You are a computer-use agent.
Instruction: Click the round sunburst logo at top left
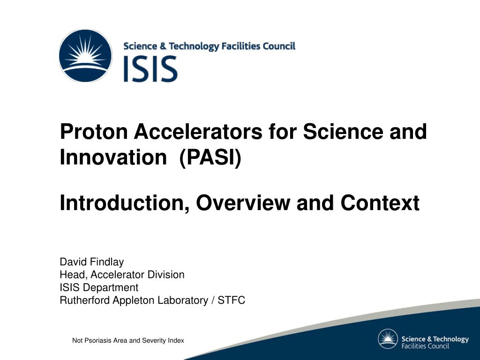[85, 56]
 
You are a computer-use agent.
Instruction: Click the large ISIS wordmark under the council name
[150, 69]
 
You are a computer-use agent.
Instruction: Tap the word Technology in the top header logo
[194, 46]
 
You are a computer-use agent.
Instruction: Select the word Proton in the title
[94, 132]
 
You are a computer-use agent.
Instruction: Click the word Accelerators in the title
[198, 132]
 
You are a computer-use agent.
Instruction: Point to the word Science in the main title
[343, 132]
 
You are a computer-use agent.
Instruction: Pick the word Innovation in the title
[113, 157]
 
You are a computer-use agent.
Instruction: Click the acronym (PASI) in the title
[210, 158]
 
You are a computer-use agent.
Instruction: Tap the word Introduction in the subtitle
[124, 203]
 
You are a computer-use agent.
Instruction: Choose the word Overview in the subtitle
[243, 203]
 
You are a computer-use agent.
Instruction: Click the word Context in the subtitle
[380, 203]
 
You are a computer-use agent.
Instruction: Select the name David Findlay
[92, 262]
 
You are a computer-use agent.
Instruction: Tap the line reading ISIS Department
[99, 288]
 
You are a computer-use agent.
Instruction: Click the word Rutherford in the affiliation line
[85, 300]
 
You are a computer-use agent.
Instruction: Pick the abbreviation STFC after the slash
[232, 300]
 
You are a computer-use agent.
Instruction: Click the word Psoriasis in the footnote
[97, 340]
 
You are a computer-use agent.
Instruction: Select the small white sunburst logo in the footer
[388, 339]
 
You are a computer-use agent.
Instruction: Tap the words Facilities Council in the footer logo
[425, 346]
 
